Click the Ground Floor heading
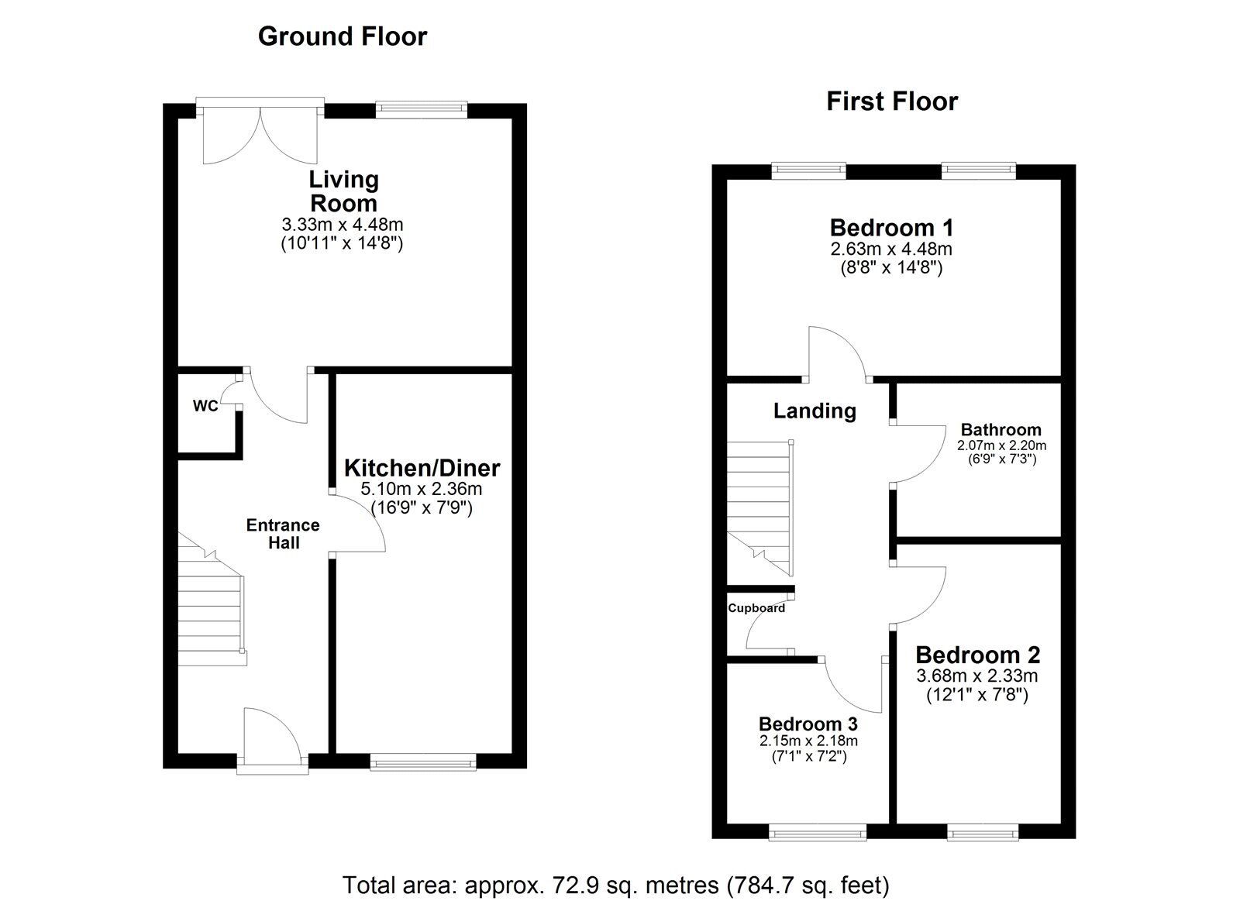point(343,36)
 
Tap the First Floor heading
point(892,101)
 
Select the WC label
point(205,406)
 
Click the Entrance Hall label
point(283,533)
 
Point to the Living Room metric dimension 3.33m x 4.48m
point(342,224)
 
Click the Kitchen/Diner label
point(422,468)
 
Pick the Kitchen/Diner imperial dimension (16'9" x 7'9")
point(422,507)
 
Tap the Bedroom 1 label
point(891,228)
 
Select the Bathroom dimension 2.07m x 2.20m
point(1001,445)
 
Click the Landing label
point(815,411)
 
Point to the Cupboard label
point(756,608)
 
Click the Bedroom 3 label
point(808,724)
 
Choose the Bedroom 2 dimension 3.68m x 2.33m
point(977,676)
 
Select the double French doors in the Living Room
point(260,132)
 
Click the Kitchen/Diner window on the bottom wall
point(423,762)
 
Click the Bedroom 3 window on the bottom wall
point(818,832)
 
